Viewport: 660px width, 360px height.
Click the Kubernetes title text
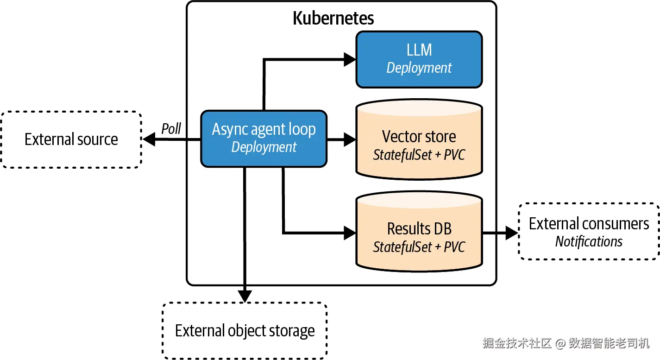pos(333,18)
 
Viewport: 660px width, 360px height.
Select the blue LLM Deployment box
pos(419,59)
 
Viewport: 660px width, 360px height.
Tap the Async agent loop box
pos(264,139)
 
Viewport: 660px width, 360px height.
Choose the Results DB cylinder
pos(419,234)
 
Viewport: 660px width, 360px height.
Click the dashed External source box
pos(71,139)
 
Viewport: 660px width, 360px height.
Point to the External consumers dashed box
pos(589,231)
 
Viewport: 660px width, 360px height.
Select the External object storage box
pos(245,331)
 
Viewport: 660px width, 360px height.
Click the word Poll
pos(171,129)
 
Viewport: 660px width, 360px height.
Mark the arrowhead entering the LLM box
pos(349,59)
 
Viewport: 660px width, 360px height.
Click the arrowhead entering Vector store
pos(349,139)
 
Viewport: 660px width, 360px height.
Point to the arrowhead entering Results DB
pos(349,232)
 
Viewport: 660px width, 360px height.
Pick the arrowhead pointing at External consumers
pos(511,233)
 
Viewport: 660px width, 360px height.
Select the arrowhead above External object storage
pos(245,296)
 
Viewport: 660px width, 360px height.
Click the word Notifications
pos(589,241)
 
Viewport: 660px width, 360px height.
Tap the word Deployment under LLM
pos(419,68)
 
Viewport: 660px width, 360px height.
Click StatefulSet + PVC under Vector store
pos(419,155)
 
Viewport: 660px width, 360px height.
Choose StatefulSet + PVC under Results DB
pos(419,247)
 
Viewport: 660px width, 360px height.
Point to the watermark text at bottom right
pos(566,343)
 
